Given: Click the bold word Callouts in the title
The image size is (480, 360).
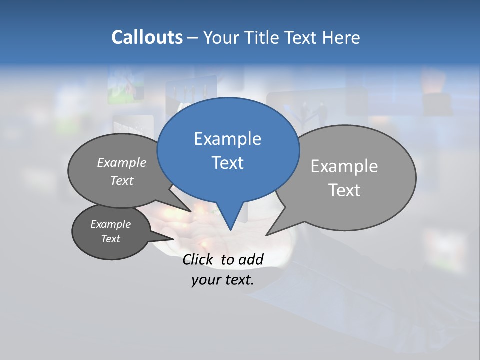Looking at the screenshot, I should pyautogui.click(x=147, y=37).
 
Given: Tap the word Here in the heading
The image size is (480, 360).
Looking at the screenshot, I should pyautogui.click(x=341, y=38).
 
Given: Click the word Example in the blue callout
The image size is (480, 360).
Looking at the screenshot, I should pyautogui.click(x=227, y=139).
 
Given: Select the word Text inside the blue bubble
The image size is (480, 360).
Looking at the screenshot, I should pyautogui.click(x=227, y=163).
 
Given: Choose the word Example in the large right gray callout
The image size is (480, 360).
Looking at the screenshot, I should pyautogui.click(x=344, y=166).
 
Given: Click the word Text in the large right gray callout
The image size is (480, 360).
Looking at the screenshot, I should pyautogui.click(x=344, y=190).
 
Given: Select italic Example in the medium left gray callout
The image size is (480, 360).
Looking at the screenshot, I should pyautogui.click(x=121, y=162).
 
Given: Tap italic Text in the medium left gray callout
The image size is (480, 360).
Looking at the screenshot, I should pyautogui.click(x=121, y=180).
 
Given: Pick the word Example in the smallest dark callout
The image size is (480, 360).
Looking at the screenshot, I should pyautogui.click(x=110, y=224).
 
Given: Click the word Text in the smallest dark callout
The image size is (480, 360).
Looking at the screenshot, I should pyautogui.click(x=110, y=239).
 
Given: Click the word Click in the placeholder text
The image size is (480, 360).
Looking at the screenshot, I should pyautogui.click(x=198, y=259).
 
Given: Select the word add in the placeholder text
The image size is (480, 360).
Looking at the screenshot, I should pyautogui.click(x=250, y=259).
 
